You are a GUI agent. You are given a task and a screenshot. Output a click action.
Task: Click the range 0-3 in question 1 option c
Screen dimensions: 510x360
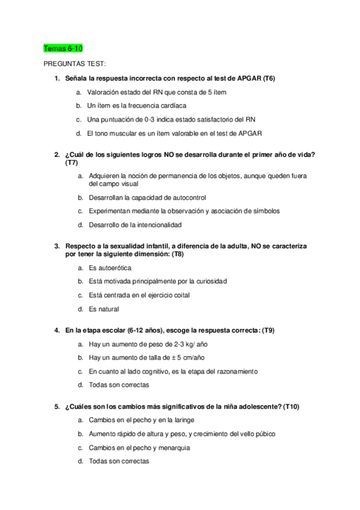[144, 119]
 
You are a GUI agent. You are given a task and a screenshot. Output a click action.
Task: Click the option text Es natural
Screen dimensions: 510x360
[103, 309]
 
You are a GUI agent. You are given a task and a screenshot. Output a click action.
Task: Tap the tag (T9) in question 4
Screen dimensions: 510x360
[265, 330]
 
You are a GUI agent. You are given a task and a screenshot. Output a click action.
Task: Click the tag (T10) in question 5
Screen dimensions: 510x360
[291, 406]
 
